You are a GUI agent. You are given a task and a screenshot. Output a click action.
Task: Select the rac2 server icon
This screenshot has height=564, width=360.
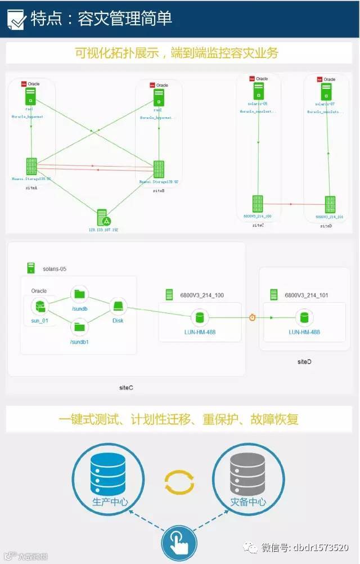(x=159, y=97)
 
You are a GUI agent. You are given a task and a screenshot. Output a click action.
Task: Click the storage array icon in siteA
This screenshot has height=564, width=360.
(x=31, y=166)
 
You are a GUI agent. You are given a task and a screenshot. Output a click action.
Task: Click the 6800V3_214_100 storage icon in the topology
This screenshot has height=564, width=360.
(x=258, y=204)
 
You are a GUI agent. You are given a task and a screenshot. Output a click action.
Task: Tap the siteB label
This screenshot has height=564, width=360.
(x=159, y=191)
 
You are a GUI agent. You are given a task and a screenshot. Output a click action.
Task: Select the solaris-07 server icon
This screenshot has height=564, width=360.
(x=325, y=92)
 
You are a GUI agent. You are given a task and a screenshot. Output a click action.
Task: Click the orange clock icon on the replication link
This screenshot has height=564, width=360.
(x=253, y=317)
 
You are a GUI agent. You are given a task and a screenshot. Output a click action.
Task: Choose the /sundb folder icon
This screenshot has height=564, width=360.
(x=79, y=294)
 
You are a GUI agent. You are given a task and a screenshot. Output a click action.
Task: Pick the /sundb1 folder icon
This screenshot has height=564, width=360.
(x=79, y=326)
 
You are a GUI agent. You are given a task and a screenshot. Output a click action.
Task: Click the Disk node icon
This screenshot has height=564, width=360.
(x=118, y=307)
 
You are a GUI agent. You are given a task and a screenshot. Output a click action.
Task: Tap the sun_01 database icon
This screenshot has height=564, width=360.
(x=39, y=307)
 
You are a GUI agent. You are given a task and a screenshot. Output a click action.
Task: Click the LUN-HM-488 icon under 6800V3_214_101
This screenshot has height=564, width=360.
(x=304, y=317)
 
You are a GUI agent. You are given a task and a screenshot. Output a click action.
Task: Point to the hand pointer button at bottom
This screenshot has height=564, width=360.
(x=179, y=544)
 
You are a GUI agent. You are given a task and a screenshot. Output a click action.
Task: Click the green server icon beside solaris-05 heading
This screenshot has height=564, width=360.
(x=31, y=268)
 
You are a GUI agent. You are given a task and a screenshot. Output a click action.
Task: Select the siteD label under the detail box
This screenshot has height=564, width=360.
(x=304, y=361)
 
